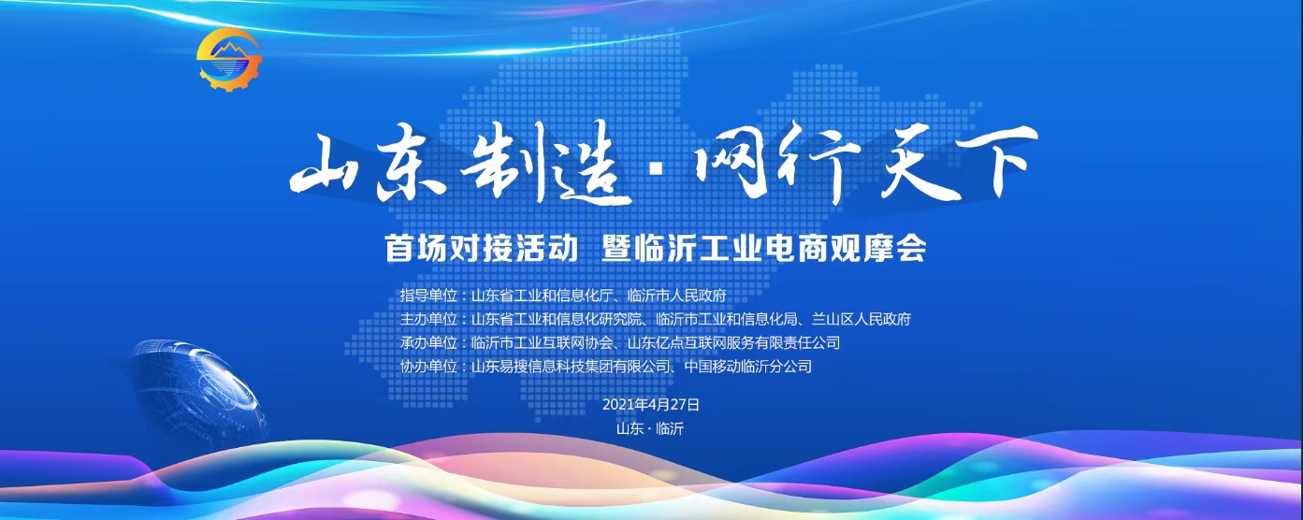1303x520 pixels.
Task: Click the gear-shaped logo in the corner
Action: [x=230, y=60]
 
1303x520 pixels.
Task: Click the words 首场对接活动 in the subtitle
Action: [x=481, y=249]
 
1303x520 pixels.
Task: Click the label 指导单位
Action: [x=428, y=296]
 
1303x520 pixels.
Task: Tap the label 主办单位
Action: [x=428, y=319]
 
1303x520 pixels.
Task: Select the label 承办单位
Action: [x=428, y=343]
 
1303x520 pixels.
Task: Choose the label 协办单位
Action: [x=428, y=367]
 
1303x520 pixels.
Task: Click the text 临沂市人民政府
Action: [x=677, y=296]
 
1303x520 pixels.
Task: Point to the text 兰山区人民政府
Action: [x=861, y=319]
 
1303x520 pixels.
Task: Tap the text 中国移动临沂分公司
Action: [x=748, y=367]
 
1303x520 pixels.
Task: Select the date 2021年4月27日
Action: [x=651, y=405]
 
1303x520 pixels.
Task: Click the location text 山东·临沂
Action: [x=650, y=429]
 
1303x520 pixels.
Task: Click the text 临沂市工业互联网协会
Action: [x=542, y=343]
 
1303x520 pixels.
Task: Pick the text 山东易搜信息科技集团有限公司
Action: [x=570, y=367]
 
